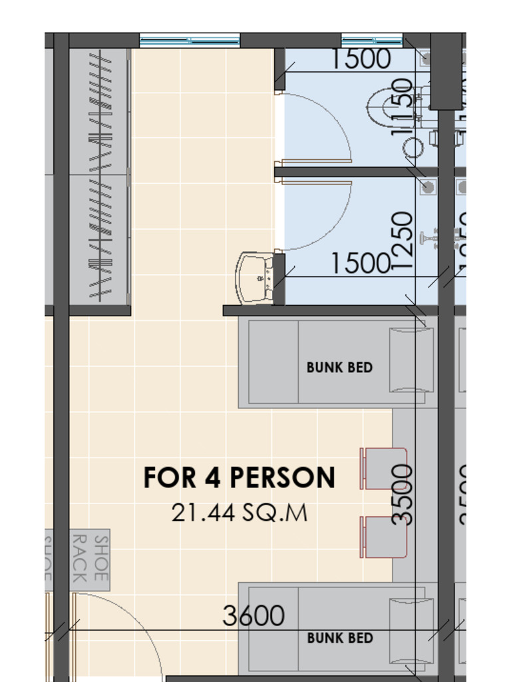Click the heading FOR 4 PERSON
239,478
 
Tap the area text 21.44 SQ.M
239,512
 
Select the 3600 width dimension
254,616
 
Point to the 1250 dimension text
403,240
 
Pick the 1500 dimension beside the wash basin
360,264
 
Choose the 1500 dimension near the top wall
360,59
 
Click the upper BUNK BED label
339,367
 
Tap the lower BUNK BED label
339,638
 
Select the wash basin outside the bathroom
254,277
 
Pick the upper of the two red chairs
385,469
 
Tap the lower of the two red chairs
385,537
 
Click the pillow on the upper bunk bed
411,360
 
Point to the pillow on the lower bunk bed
411,630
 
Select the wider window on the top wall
190,41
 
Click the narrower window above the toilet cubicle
372,41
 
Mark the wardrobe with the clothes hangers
100,176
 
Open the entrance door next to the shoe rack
113,633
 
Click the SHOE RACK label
90,558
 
